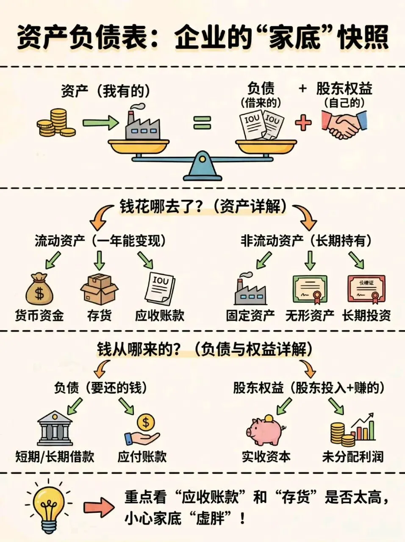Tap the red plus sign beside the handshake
302,123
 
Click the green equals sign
202,123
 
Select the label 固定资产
250,315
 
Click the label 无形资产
310,315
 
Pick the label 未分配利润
352,456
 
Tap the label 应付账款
142,456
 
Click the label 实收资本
266,456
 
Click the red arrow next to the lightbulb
98,506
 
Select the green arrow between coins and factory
101,123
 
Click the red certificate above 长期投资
366,290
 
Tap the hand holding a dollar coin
143,430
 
